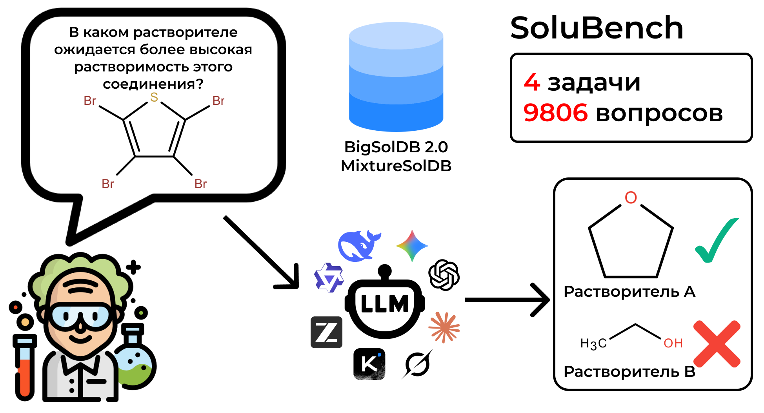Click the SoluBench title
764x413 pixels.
(597, 28)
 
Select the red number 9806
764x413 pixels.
(555, 113)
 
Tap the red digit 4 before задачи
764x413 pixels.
(532, 82)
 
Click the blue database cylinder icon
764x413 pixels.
(396, 77)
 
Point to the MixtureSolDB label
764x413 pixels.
(396, 166)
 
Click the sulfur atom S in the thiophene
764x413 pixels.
(154, 97)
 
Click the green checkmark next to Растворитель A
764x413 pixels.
(717, 240)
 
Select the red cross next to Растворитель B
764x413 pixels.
(717, 344)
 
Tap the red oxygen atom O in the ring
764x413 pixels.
(631, 197)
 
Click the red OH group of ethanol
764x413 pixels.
(673, 343)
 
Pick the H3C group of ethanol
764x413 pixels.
(593, 344)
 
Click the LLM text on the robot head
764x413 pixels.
(384, 304)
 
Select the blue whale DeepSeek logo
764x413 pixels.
(359, 246)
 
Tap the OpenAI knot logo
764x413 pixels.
(444, 275)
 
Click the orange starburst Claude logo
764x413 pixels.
(444, 327)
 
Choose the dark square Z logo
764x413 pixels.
(326, 332)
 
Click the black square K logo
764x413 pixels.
(369, 364)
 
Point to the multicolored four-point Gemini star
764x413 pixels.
(412, 246)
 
